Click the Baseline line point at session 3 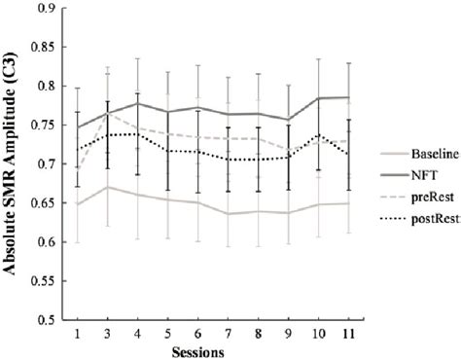pos(105,187)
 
